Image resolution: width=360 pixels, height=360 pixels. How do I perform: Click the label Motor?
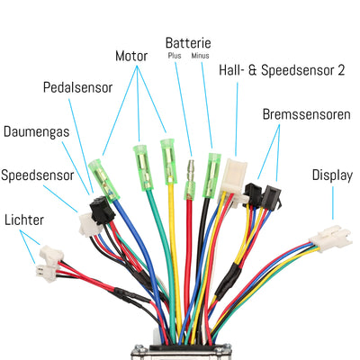click(x=131, y=56)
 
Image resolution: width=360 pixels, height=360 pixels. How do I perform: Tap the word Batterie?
click(x=188, y=42)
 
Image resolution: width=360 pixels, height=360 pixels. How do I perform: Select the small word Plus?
click(x=175, y=57)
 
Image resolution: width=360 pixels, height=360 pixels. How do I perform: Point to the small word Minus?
click(x=201, y=57)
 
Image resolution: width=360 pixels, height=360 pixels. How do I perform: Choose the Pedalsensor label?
click(x=79, y=87)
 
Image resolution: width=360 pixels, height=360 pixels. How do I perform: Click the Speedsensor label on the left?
click(x=37, y=174)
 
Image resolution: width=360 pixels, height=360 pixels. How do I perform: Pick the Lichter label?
click(x=23, y=219)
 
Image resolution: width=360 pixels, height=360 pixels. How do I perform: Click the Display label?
click(x=331, y=174)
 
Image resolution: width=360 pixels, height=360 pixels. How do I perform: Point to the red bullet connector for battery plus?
click(x=189, y=171)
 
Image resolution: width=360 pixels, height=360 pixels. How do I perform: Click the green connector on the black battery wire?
click(x=213, y=169)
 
